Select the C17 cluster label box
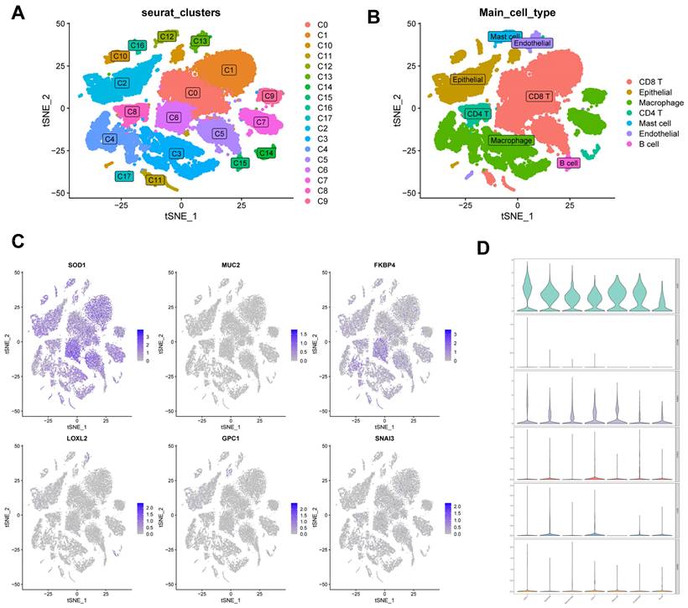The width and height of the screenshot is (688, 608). [x=124, y=176]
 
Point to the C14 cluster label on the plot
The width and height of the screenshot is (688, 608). [x=266, y=153]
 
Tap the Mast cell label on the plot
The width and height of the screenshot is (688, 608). [x=505, y=36]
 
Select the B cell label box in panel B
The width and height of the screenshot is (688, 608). [x=568, y=163]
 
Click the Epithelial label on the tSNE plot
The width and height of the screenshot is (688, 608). [x=467, y=80]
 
